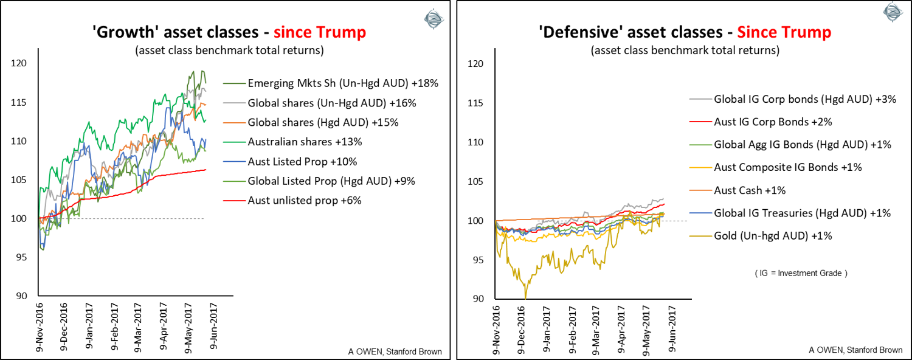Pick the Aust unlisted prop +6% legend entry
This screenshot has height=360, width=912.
[x=305, y=200]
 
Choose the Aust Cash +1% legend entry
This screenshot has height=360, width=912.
[x=750, y=190]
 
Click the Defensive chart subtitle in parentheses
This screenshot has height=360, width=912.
[x=685, y=50]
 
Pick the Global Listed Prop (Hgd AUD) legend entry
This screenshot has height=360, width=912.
[x=323, y=181]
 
